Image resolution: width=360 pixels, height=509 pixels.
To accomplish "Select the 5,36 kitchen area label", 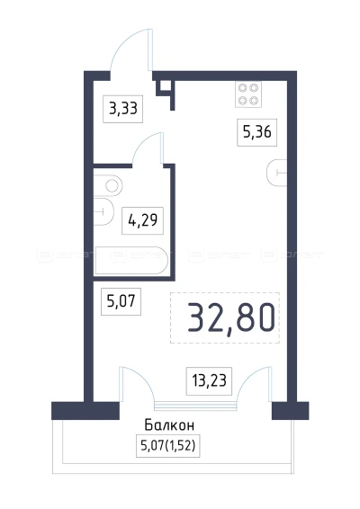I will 253,130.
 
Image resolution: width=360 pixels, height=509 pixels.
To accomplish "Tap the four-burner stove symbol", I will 248,94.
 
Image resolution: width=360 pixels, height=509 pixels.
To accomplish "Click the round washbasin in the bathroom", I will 111,184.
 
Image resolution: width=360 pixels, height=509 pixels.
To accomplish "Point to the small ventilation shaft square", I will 165,88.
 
